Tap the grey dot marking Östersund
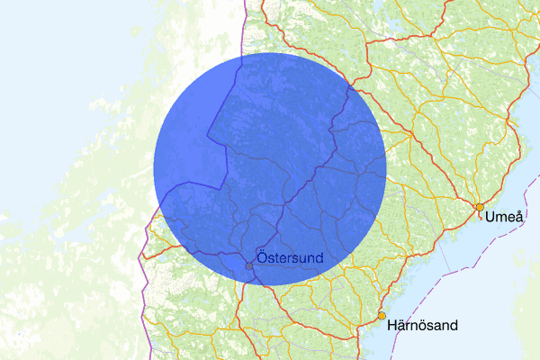pos(249,265)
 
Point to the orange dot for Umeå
pos(480,208)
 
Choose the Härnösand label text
pos(422,325)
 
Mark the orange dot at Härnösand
pos(382,316)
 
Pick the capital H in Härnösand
pos(391,325)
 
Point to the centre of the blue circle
pos(270,169)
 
